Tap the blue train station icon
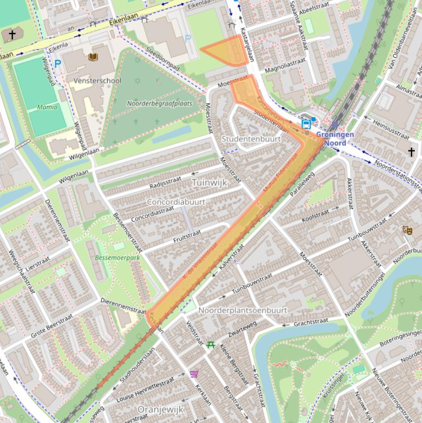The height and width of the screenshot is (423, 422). click(306, 125)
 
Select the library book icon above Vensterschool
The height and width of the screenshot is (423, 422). click(93, 57)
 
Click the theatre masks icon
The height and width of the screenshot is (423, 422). click(407, 230)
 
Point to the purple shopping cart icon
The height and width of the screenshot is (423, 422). click(194, 374)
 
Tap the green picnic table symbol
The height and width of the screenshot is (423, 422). click(211, 344)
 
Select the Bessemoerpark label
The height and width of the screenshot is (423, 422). click(110, 257)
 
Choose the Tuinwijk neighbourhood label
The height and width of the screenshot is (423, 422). click(209, 182)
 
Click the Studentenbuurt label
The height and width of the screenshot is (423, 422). click(251, 139)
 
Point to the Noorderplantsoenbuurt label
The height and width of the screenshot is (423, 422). click(243, 310)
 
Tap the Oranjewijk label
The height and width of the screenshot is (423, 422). click(160, 410)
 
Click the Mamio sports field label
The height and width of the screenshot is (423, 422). click(47, 107)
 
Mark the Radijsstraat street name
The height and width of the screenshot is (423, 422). click(165, 182)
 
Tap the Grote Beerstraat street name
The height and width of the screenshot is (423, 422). click(52, 327)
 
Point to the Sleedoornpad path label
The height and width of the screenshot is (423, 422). click(163, 58)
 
